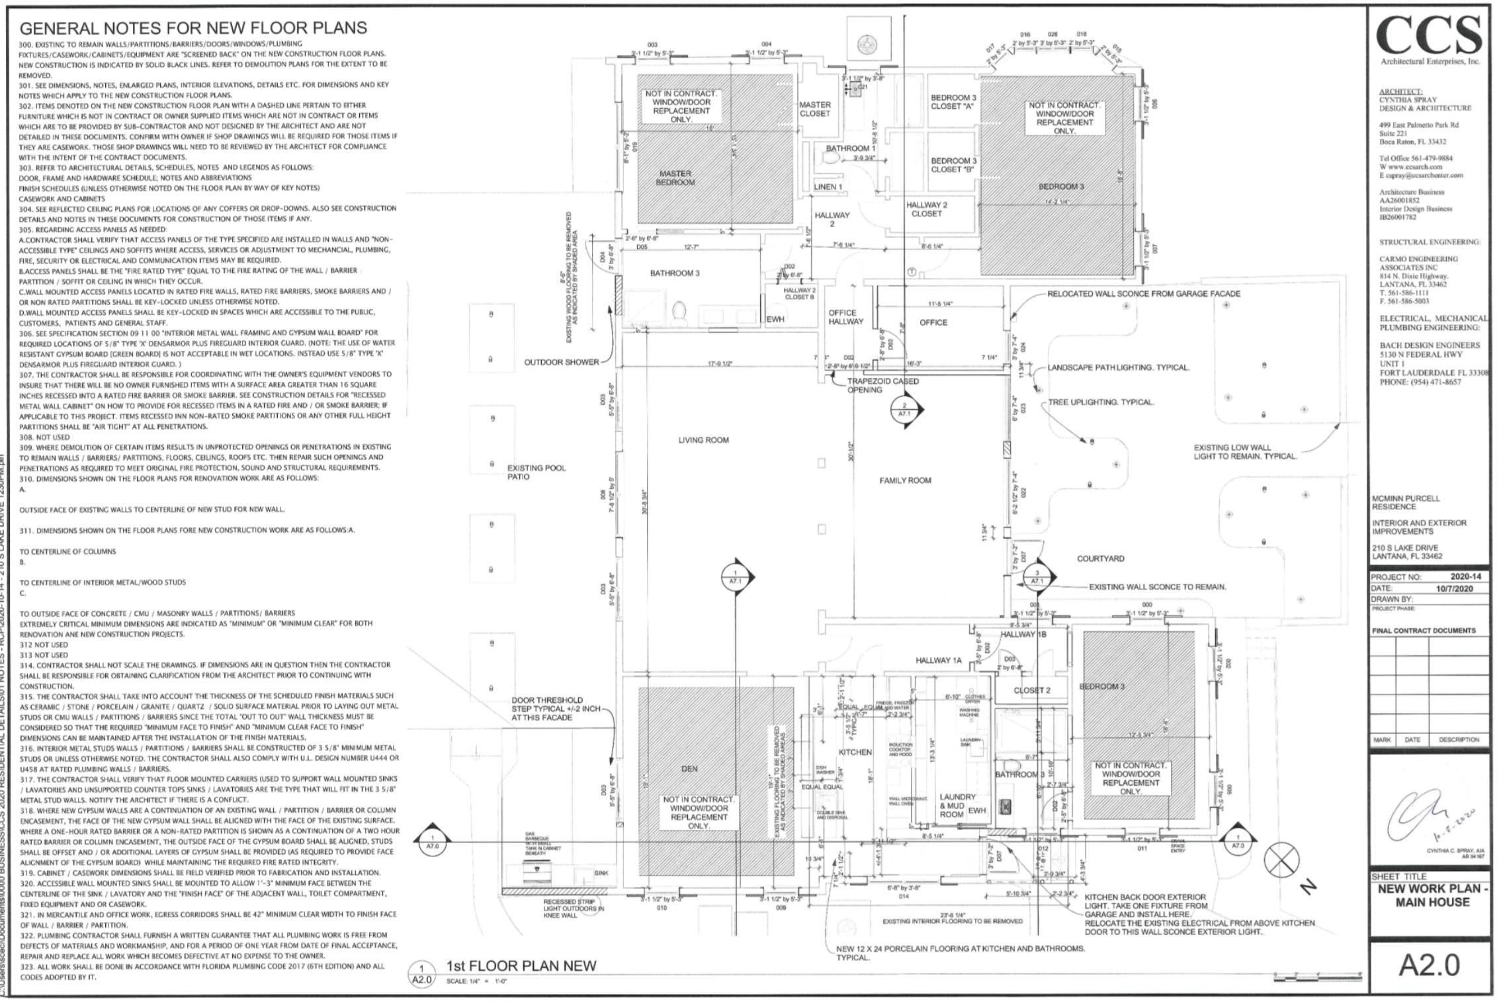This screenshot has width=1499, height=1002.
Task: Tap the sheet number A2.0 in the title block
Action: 1429,965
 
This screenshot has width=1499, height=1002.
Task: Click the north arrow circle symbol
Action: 1281,860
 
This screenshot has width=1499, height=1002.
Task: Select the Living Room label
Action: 703,440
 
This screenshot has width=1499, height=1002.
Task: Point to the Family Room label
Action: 905,480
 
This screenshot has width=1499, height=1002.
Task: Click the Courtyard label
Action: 1100,559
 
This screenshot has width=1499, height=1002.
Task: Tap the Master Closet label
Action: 814,109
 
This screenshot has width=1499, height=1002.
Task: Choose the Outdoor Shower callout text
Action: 561,362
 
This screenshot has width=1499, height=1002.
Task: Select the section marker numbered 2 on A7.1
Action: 904,410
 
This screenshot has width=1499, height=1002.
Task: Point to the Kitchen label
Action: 855,752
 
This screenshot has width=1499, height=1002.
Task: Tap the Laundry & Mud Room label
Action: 957,805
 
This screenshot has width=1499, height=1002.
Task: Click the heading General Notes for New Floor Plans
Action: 193,28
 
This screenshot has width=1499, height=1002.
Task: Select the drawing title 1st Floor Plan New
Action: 521,966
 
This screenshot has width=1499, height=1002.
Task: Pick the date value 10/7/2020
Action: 1454,588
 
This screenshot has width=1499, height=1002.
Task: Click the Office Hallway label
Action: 846,317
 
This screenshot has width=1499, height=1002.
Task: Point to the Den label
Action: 689,769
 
